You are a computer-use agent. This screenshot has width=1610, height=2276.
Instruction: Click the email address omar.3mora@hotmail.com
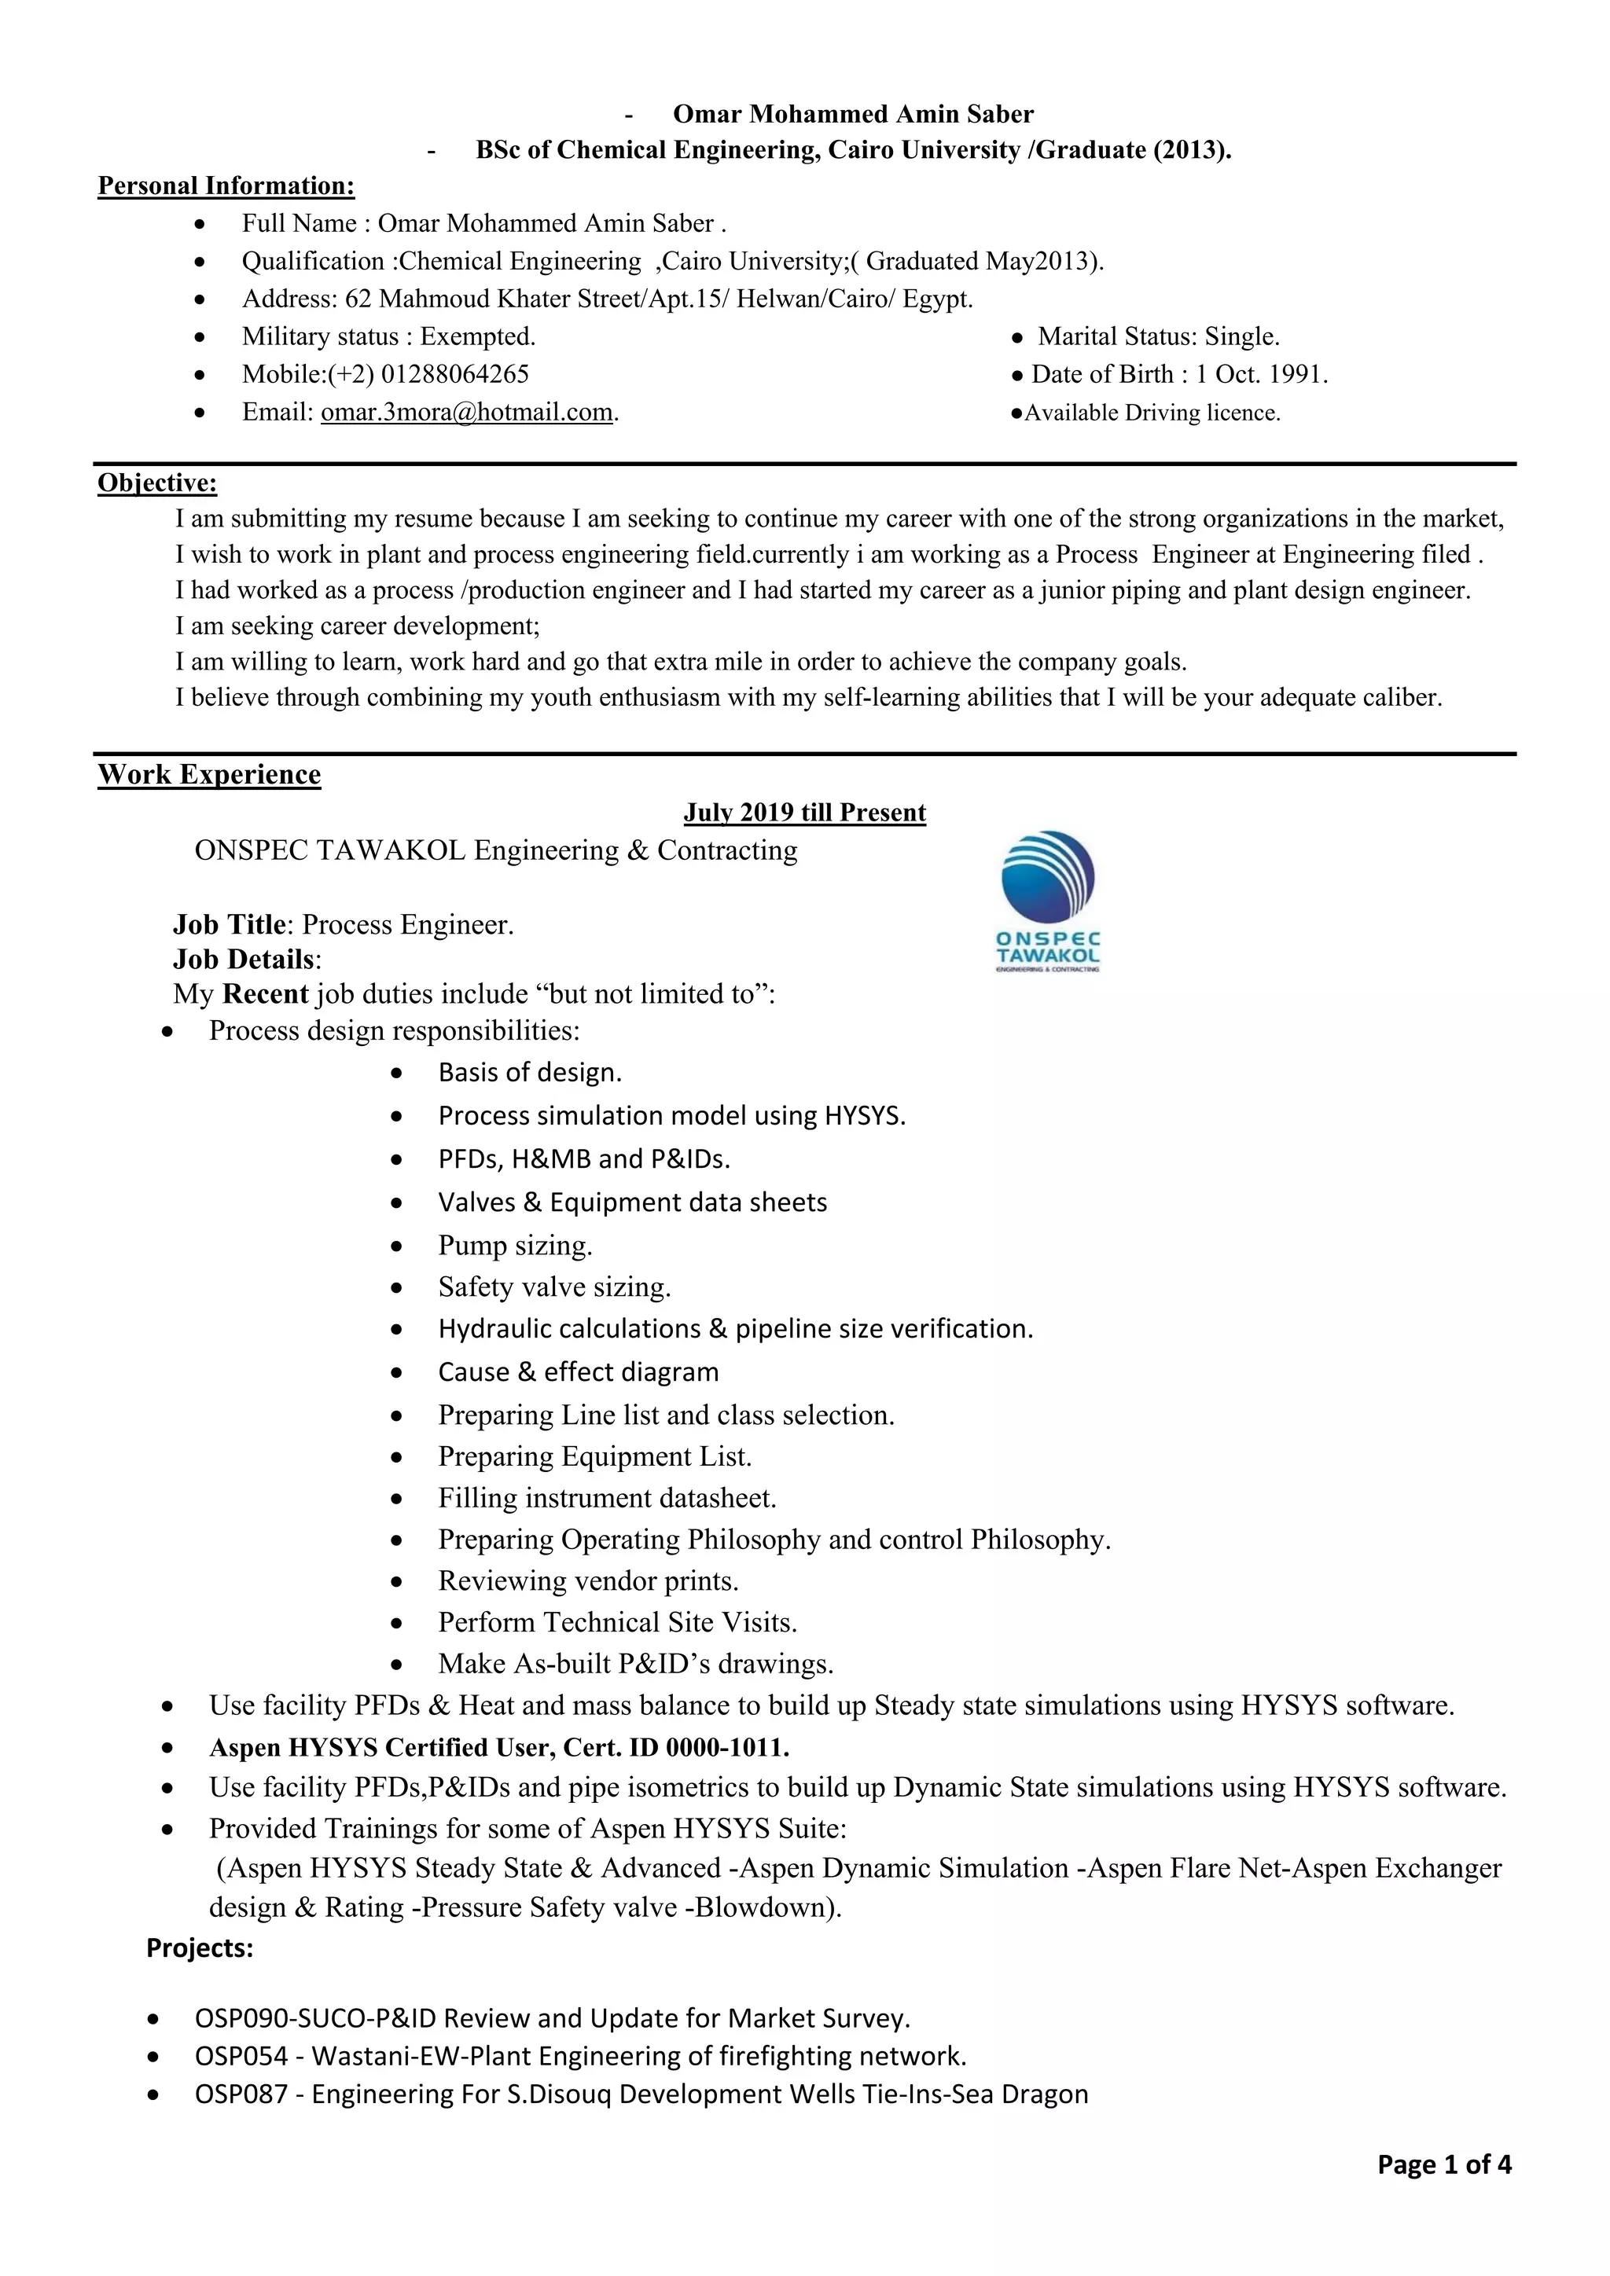pyautogui.click(x=466, y=413)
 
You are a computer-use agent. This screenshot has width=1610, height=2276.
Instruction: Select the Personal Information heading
pyautogui.click(x=226, y=186)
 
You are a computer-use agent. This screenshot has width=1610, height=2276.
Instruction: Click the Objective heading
pyautogui.click(x=156, y=484)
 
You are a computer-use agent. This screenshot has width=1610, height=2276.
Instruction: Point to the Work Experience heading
pyautogui.click(x=209, y=775)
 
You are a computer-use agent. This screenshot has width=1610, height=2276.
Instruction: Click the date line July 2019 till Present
pyautogui.click(x=804, y=813)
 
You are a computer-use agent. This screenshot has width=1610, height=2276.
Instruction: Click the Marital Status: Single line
pyautogui.click(x=1158, y=337)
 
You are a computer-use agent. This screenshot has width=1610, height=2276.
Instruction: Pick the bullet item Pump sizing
pyautogui.click(x=515, y=1246)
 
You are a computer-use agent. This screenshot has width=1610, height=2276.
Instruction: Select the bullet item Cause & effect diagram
pyautogui.click(x=578, y=1373)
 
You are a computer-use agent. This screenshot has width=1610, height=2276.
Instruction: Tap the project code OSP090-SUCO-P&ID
pyautogui.click(x=316, y=2019)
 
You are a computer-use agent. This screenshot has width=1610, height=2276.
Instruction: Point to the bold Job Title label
pyautogui.click(x=229, y=926)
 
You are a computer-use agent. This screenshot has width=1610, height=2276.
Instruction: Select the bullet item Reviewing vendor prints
pyautogui.click(x=588, y=1581)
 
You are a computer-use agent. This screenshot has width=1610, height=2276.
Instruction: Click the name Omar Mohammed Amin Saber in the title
pyautogui.click(x=853, y=115)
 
